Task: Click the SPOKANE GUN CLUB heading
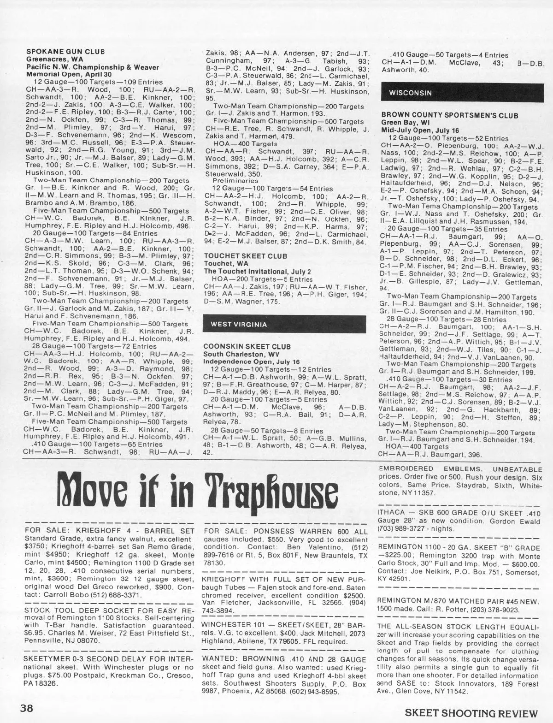coord(65,52)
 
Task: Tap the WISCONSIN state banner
coord(411,93)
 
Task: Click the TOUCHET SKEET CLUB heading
coord(246,255)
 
